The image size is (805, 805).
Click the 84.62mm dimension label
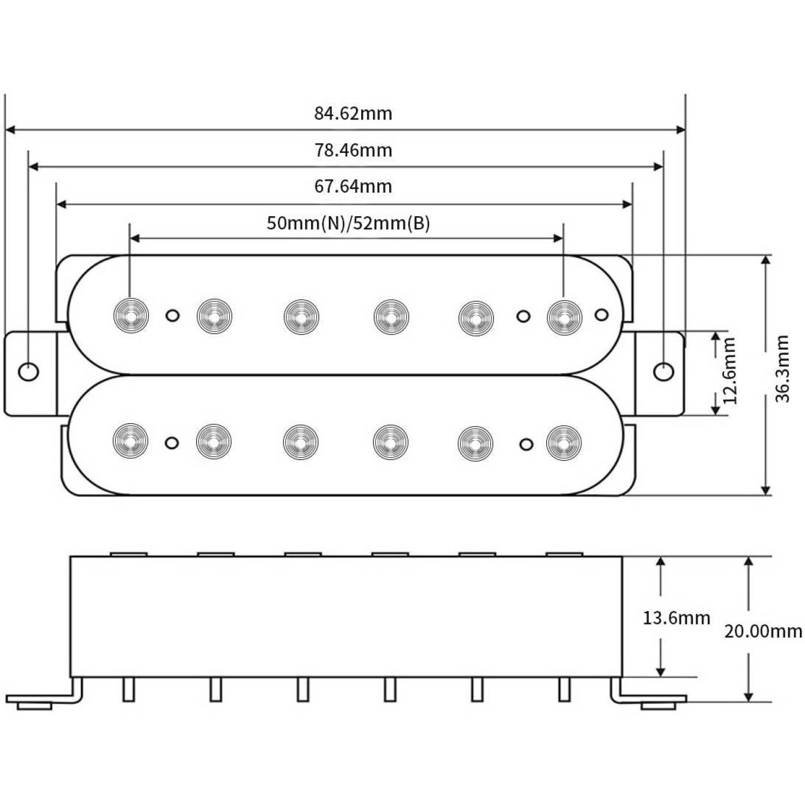(353, 114)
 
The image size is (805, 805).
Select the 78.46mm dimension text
(353, 151)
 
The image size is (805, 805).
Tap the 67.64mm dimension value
(353, 186)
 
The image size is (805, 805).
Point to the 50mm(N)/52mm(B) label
(348, 223)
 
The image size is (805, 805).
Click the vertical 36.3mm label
(782, 369)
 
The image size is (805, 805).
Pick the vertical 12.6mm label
(729, 371)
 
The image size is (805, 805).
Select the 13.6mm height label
(676, 618)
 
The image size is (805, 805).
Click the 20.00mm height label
(763, 631)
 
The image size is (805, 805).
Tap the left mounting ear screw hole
(29, 371)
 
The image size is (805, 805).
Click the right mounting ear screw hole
(664, 371)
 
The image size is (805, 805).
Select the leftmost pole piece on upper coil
(131, 316)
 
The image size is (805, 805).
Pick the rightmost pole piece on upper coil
(565, 317)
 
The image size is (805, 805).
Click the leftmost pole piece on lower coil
(131, 441)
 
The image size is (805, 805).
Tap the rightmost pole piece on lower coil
(564, 443)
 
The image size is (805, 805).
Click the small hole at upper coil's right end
(601, 315)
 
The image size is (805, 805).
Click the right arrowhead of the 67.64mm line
(627, 204)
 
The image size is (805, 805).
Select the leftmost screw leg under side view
(129, 689)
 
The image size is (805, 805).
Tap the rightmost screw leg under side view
(564, 689)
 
